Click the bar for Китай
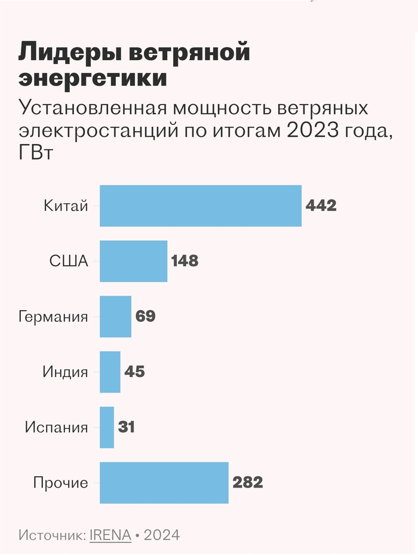point(200,206)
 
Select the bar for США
point(133,261)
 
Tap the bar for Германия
point(115,317)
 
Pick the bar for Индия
point(110,372)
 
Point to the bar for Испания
point(107,427)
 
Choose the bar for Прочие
point(164,483)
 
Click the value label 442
point(321,206)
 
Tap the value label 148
point(185,261)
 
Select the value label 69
point(146,317)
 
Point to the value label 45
point(135,372)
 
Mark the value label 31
point(127,427)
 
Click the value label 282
point(248,483)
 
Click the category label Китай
point(66,206)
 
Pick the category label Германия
point(53,317)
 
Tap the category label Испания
point(56,428)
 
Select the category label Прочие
point(61,483)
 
